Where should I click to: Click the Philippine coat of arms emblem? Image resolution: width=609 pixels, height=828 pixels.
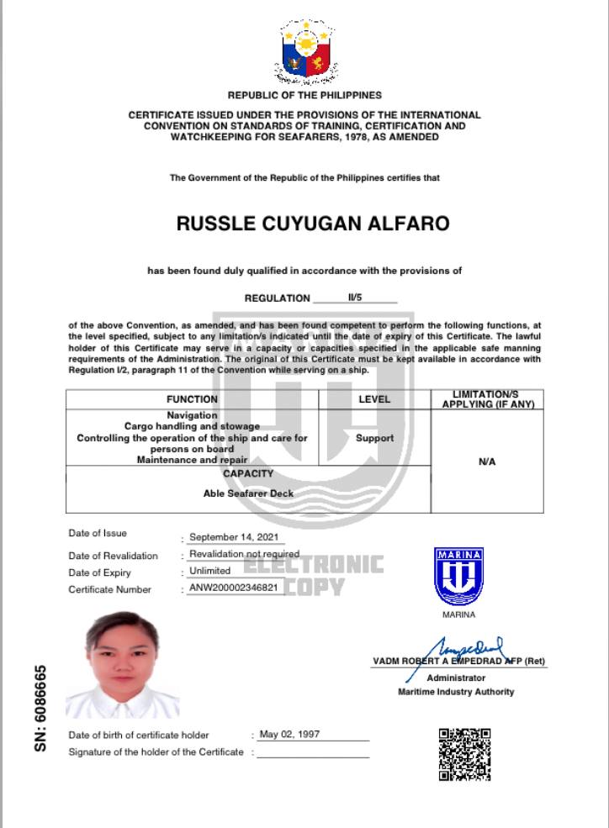pyautogui.click(x=305, y=51)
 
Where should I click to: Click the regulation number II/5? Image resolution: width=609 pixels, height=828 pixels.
pyautogui.click(x=354, y=298)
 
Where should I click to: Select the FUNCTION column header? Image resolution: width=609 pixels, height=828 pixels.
pyautogui.click(x=192, y=399)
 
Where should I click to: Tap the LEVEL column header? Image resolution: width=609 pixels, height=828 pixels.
pyautogui.click(x=374, y=399)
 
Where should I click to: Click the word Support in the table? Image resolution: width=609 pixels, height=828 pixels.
pyautogui.click(x=374, y=438)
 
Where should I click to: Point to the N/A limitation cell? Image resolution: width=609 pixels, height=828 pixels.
pyautogui.click(x=486, y=461)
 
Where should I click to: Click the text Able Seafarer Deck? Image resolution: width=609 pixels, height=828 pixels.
pyautogui.click(x=248, y=493)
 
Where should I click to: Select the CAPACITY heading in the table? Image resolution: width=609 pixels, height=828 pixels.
pyautogui.click(x=248, y=474)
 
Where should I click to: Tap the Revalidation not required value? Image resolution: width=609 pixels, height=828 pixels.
pyautogui.click(x=244, y=554)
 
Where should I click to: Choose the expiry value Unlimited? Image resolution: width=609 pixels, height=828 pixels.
pyautogui.click(x=209, y=571)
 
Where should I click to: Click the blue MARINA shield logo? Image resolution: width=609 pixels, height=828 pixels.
pyautogui.click(x=458, y=576)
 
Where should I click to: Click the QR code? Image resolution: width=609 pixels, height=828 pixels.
pyautogui.click(x=464, y=754)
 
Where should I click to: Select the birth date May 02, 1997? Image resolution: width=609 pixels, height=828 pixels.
pyautogui.click(x=289, y=734)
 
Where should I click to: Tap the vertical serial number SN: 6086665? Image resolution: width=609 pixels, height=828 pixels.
pyautogui.click(x=40, y=709)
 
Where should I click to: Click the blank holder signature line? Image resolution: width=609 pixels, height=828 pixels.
pyautogui.click(x=313, y=753)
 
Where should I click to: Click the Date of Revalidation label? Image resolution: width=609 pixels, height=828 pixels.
pyautogui.click(x=113, y=556)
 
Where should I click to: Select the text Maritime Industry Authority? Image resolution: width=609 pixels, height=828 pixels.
pyautogui.click(x=455, y=692)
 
